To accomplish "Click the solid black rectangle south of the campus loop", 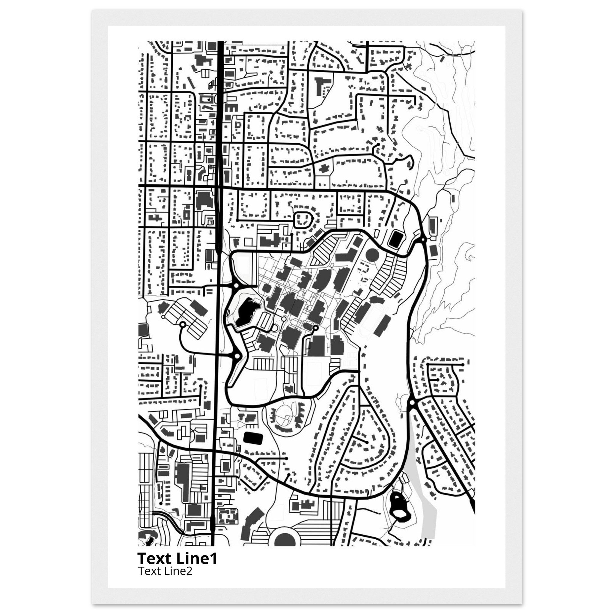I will (253, 438).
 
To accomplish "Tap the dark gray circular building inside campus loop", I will (372, 255).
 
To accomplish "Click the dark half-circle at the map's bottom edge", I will (285, 540).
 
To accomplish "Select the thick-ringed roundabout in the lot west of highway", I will (183, 324).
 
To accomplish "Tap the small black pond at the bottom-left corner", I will (149, 539).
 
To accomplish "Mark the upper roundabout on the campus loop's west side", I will (236, 286).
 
